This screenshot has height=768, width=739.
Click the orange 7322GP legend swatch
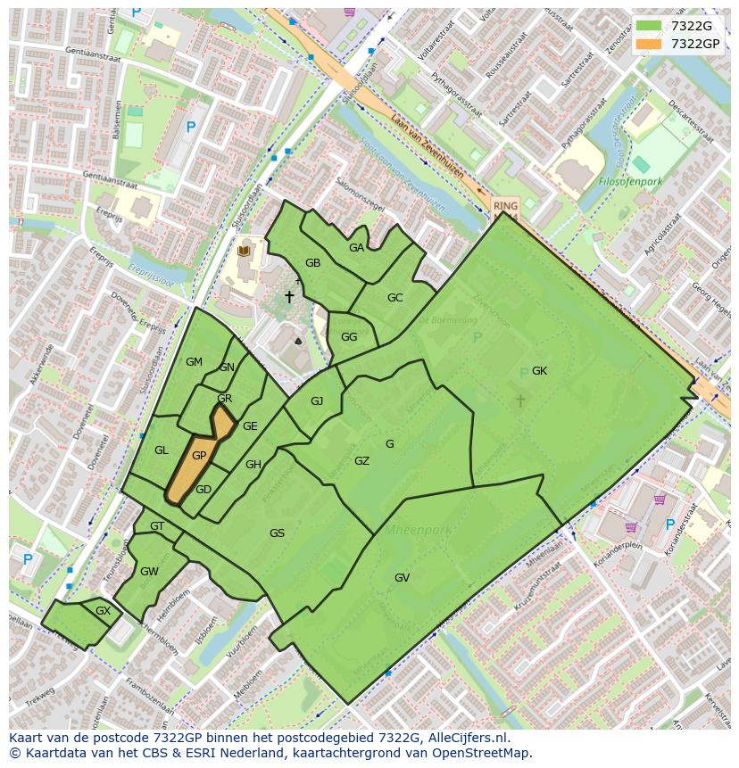[650, 43]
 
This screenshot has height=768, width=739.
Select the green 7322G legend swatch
[650, 26]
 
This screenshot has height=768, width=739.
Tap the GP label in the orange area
[199, 456]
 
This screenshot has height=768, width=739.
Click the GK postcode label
[539, 371]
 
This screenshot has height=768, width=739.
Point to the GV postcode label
[402, 578]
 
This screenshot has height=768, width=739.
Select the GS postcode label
[277, 533]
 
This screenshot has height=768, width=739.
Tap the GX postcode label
[103, 611]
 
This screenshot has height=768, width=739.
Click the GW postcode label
[149, 572]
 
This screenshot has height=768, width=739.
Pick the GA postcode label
[356, 248]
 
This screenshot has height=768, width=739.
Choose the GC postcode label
[394, 298]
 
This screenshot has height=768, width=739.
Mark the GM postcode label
[194, 362]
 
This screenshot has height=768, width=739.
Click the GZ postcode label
[361, 461]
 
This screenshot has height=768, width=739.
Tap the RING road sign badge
[505, 205]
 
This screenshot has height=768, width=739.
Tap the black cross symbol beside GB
[289, 296]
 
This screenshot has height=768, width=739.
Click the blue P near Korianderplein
[669, 524]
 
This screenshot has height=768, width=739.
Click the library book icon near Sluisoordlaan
[244, 252]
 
